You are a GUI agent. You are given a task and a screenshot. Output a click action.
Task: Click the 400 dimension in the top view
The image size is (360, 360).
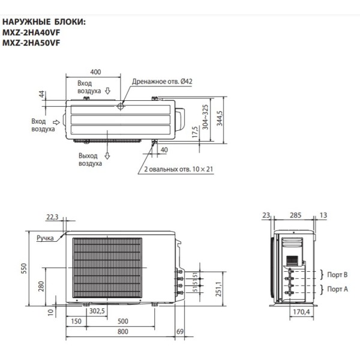click(x=95, y=71)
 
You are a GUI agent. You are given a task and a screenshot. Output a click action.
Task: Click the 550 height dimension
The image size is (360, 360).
click(x=25, y=269)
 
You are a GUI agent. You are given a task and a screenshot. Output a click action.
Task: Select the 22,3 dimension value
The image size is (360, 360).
click(x=53, y=217)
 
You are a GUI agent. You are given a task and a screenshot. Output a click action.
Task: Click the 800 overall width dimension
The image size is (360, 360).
click(x=122, y=332)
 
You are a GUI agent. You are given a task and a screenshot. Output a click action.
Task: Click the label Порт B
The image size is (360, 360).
click(x=338, y=275)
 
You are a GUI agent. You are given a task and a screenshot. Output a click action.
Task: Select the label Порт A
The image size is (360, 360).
click(x=338, y=289)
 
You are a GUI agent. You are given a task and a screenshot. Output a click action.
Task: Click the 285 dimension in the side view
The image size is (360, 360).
click(x=295, y=214)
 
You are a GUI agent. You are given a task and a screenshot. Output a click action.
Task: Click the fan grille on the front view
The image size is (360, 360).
click(x=107, y=267)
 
